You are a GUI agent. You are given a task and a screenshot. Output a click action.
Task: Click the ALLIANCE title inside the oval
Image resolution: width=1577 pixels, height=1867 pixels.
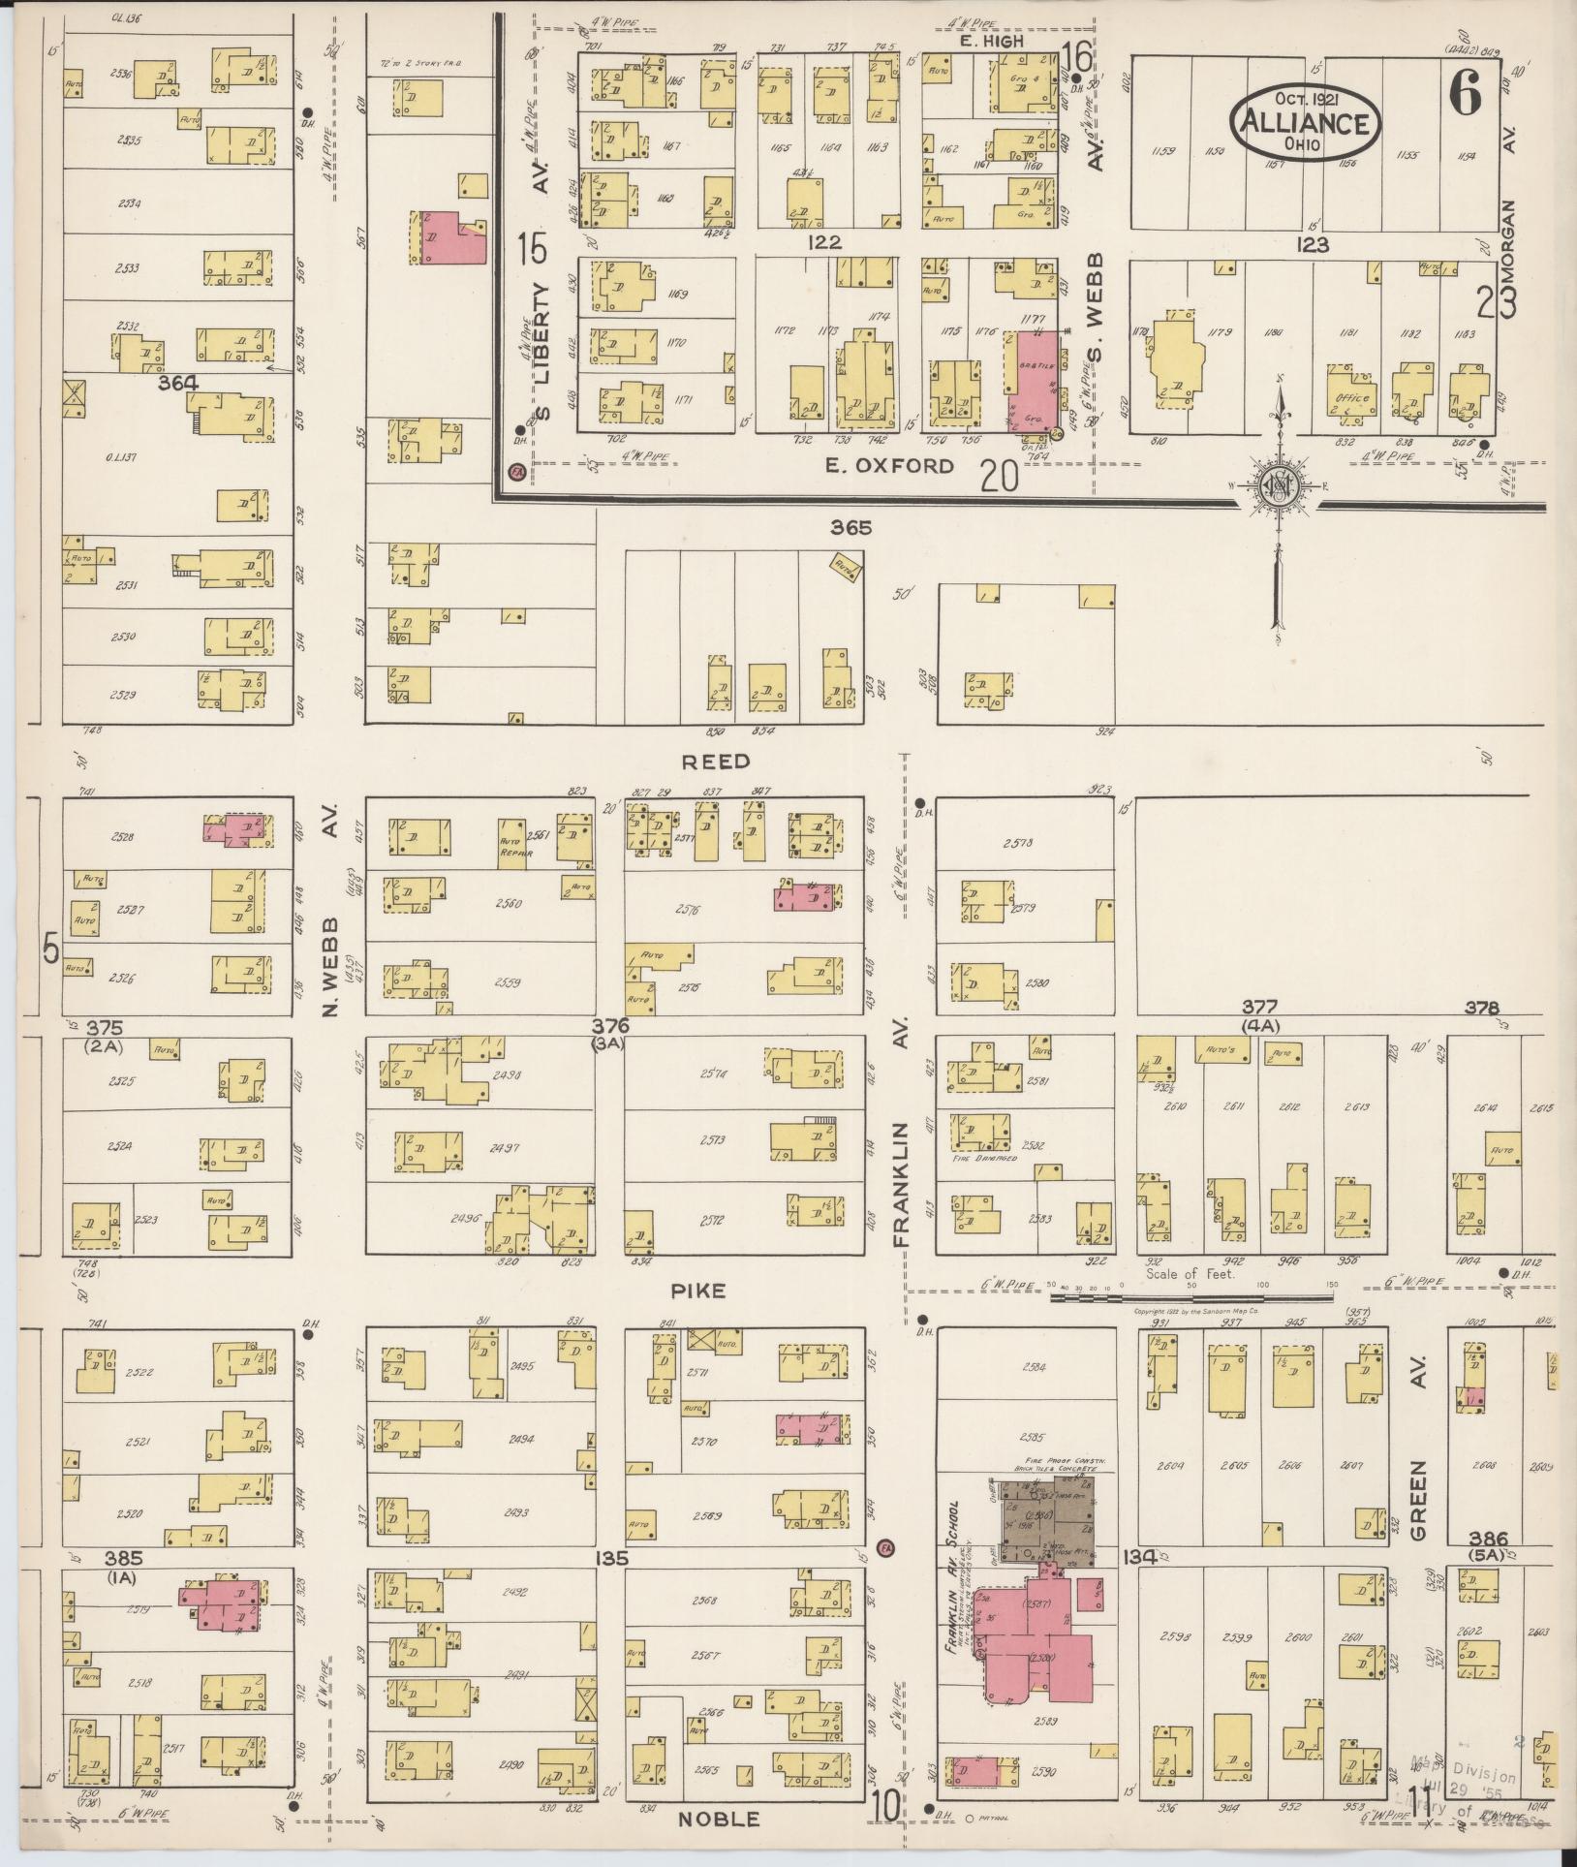1305,123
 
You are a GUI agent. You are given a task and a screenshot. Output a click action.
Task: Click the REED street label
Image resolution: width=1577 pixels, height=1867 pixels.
715,761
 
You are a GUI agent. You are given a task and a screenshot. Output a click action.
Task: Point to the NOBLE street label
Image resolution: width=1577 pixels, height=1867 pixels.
718,1820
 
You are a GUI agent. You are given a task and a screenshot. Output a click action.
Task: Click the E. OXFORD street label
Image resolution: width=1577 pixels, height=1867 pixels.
889,466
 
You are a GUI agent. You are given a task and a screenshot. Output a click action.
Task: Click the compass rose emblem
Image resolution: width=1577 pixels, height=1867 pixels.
1280,490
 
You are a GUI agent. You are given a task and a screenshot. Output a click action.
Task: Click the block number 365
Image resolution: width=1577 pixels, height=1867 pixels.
850,528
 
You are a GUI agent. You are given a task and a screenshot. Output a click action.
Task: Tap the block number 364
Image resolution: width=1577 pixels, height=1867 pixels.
178,384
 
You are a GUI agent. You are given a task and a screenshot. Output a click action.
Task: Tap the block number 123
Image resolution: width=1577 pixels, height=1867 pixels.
1313,244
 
